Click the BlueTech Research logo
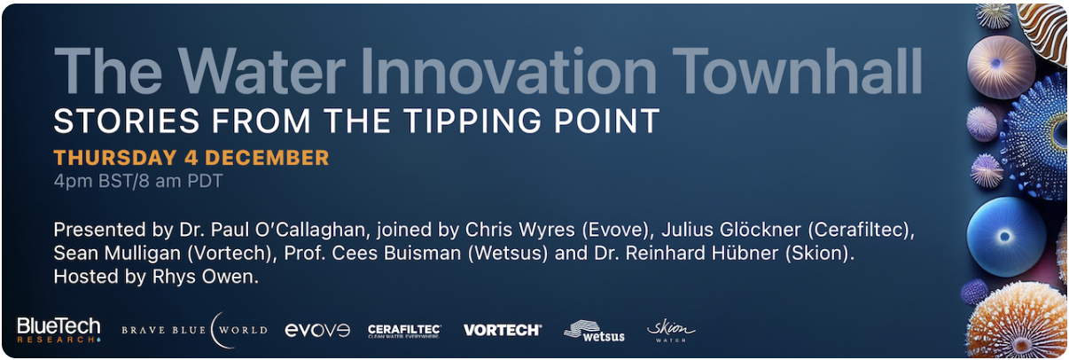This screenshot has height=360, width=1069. coord(59,330)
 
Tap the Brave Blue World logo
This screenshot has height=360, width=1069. coord(194,330)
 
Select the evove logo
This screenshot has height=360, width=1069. coord(317,330)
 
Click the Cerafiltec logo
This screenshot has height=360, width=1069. coord(404,331)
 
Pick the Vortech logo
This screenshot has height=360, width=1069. coord(503,330)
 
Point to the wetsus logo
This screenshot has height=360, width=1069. coord(594,330)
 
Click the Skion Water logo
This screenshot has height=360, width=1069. coord(671,330)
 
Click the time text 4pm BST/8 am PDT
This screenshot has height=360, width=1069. coord(137,183)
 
